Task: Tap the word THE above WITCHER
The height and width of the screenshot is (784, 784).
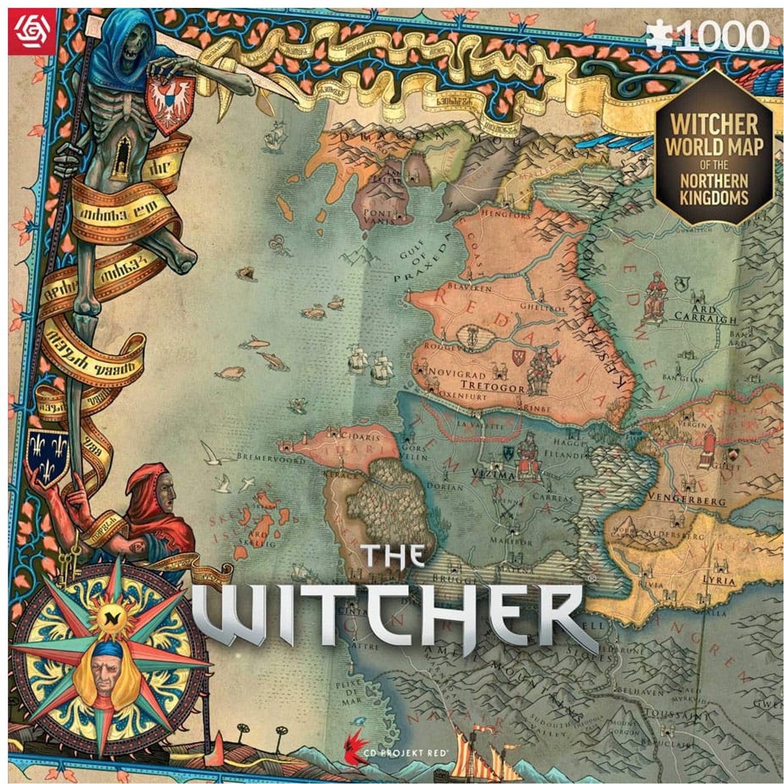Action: click(x=393, y=556)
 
